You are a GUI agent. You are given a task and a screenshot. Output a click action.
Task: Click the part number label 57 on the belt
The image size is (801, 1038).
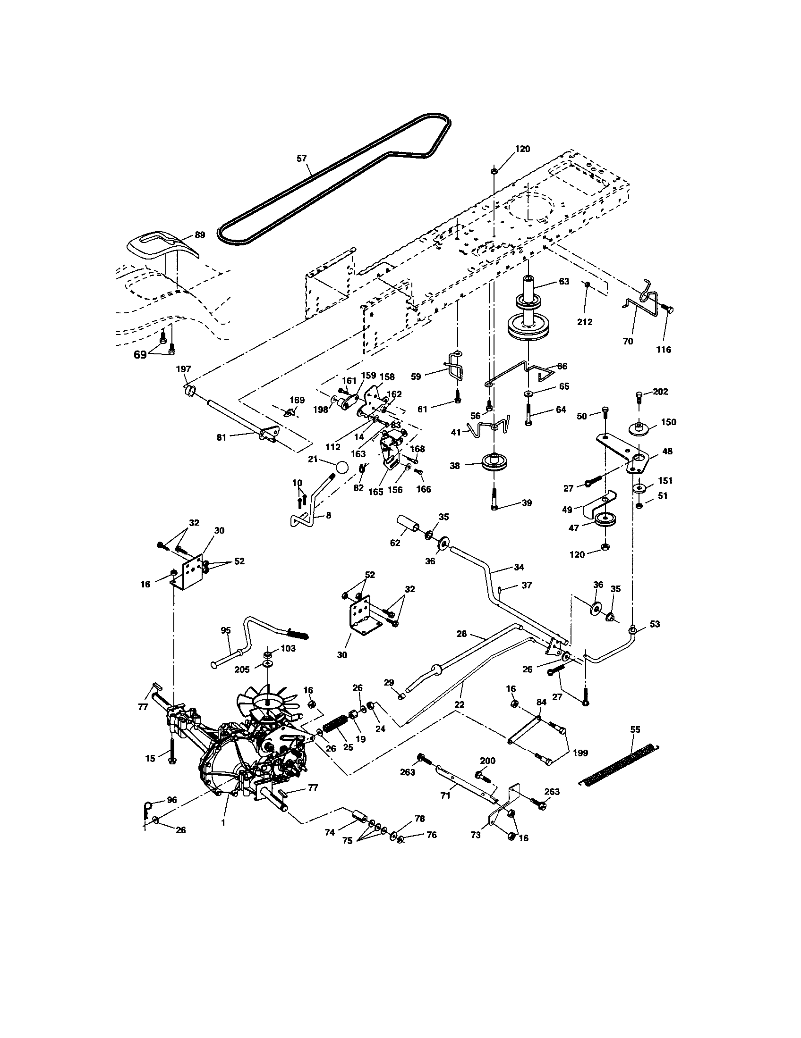point(302,158)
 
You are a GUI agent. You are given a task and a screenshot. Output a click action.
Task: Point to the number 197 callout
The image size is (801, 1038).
point(183,369)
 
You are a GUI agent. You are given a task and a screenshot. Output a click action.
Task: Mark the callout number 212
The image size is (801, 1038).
point(585,322)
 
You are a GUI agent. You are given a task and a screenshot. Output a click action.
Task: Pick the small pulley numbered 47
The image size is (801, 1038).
point(605,520)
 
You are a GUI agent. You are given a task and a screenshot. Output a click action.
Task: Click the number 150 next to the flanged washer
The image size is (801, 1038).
point(668,422)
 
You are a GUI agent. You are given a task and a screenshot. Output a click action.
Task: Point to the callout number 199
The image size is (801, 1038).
point(580,753)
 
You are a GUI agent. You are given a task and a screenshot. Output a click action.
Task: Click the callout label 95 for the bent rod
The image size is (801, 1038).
point(225,630)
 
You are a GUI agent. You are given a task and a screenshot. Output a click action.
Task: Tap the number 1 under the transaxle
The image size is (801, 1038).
point(222,822)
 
